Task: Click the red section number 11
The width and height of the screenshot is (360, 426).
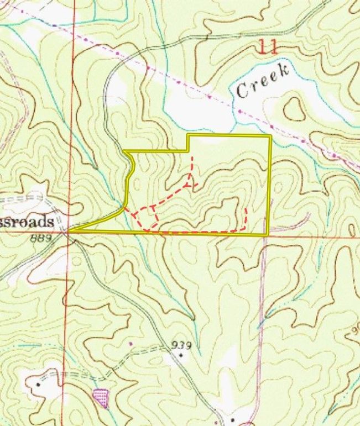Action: [x=268, y=46]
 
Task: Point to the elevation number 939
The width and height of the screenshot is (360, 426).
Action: [x=181, y=345]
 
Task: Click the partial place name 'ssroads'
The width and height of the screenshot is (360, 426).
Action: [x=27, y=222]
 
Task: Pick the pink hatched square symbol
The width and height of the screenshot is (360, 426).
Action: [x=101, y=397]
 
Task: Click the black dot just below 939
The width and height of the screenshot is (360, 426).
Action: [x=181, y=355]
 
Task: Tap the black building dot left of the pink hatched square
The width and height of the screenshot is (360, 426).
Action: [x=38, y=383]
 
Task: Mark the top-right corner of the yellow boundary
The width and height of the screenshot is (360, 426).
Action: [x=270, y=135]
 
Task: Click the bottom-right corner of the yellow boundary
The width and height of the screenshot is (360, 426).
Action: [x=268, y=235]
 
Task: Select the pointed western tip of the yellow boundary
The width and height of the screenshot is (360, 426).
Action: [x=70, y=230]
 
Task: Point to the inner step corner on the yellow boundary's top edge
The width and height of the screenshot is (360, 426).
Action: [x=188, y=150]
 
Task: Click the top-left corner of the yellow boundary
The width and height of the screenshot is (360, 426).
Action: [x=124, y=151]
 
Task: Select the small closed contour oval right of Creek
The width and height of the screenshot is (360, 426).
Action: [x=293, y=108]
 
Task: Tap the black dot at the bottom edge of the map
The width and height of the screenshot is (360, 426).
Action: [x=233, y=420]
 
